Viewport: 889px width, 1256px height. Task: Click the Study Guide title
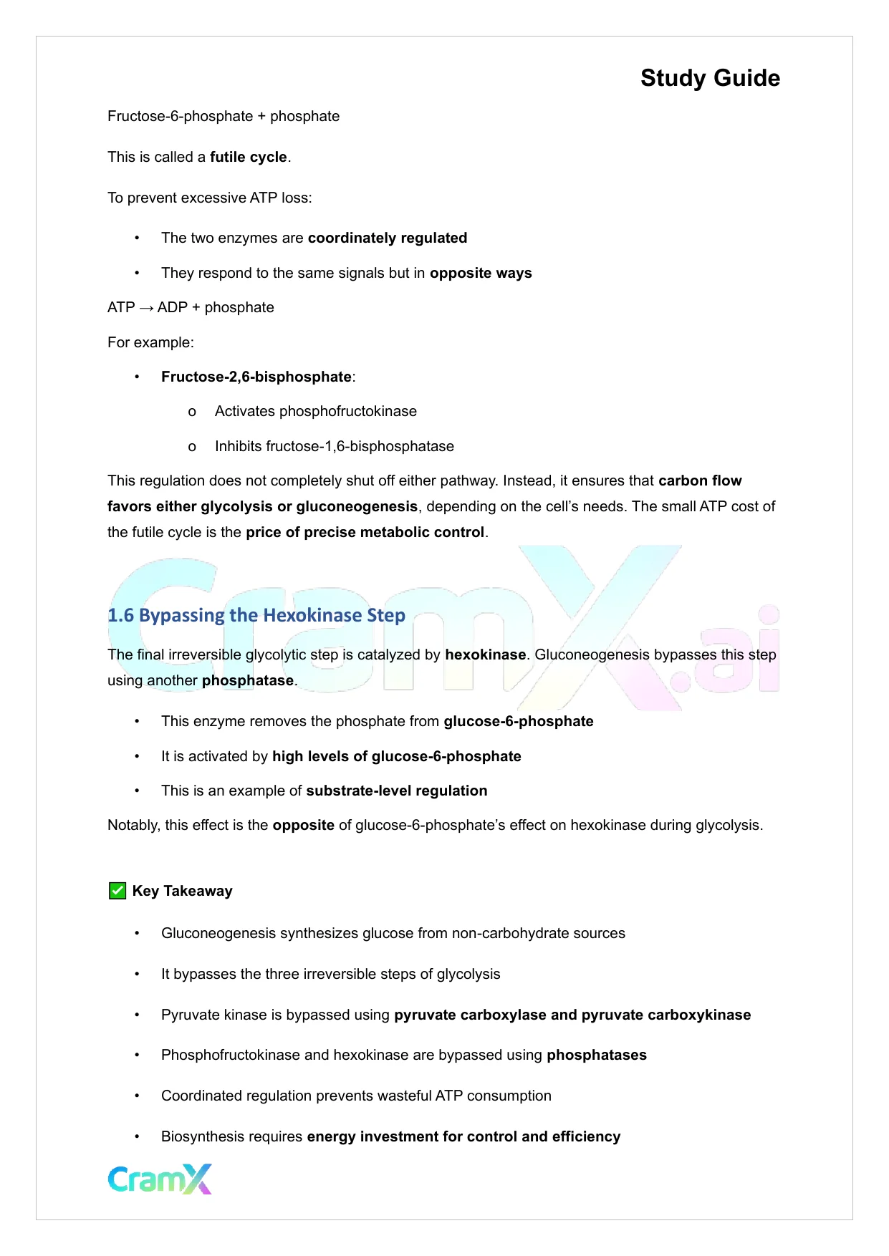[x=709, y=78]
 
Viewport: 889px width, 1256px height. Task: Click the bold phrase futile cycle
[x=248, y=157]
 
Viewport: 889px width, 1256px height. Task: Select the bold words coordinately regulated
[x=387, y=238]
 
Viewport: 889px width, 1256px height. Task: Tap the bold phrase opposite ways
[x=480, y=273]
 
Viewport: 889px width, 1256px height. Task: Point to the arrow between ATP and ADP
[x=146, y=308]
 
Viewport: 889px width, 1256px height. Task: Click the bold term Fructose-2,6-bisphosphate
[x=256, y=377]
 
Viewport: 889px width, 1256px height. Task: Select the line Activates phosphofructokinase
[x=315, y=411]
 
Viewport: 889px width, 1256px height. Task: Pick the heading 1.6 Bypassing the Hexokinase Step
[x=256, y=615]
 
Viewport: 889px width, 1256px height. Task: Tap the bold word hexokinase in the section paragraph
[x=485, y=654]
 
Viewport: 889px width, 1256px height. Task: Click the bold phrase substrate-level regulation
[x=396, y=791]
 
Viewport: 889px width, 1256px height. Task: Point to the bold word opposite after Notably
[x=303, y=825]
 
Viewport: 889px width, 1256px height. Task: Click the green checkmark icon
[x=117, y=891]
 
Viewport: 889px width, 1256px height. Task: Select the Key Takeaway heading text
[x=182, y=891]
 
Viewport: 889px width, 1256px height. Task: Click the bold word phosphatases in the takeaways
[x=596, y=1055]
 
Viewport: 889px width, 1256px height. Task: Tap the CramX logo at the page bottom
[x=160, y=1179]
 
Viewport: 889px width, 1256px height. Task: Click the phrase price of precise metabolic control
[x=365, y=532]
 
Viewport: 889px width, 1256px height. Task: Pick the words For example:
[x=150, y=342]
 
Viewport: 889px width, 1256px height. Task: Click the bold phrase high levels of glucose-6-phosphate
[x=396, y=756]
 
